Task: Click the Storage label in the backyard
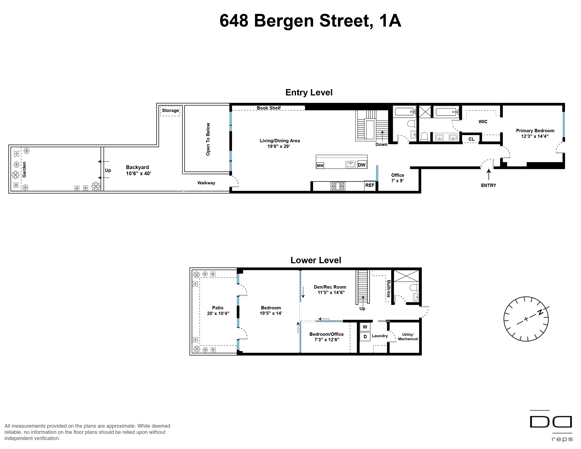(x=171, y=110)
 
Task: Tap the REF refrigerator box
(x=370, y=186)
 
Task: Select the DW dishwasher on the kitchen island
(x=361, y=165)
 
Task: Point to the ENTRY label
(x=488, y=185)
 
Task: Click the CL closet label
(x=471, y=139)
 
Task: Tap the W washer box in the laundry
(x=365, y=327)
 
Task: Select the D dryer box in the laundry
(x=365, y=336)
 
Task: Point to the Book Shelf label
(x=269, y=108)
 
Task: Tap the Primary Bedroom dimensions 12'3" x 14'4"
(x=535, y=136)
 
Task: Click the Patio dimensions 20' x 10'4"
(x=218, y=313)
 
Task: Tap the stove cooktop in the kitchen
(x=338, y=186)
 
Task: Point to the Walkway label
(x=206, y=183)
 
